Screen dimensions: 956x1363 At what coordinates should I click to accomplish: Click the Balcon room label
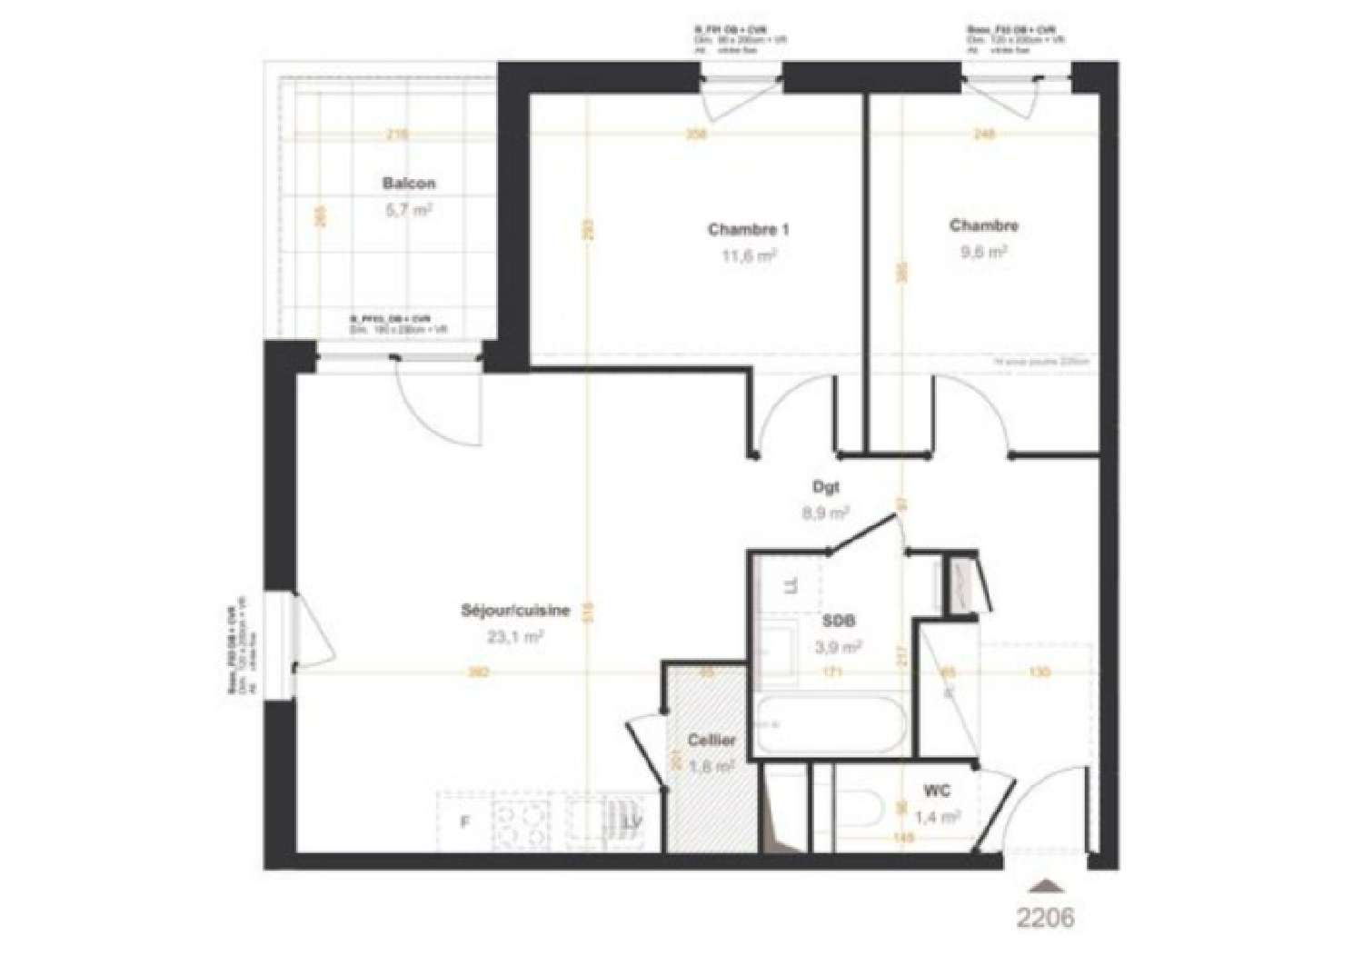point(409,184)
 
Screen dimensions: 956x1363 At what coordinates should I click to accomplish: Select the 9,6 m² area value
point(983,254)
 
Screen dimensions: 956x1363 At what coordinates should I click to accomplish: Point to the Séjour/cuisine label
point(515,611)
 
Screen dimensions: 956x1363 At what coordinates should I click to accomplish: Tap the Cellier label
point(711,741)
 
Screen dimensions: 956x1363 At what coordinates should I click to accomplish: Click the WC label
point(937,792)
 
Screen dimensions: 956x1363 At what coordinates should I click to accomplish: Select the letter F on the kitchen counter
point(463,822)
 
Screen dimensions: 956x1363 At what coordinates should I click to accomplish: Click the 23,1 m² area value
point(515,637)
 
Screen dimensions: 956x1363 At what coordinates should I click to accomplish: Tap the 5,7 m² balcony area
point(409,210)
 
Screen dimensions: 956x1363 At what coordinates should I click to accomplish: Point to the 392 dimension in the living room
point(479,673)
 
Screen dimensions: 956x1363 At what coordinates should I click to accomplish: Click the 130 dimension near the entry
point(1040,672)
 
